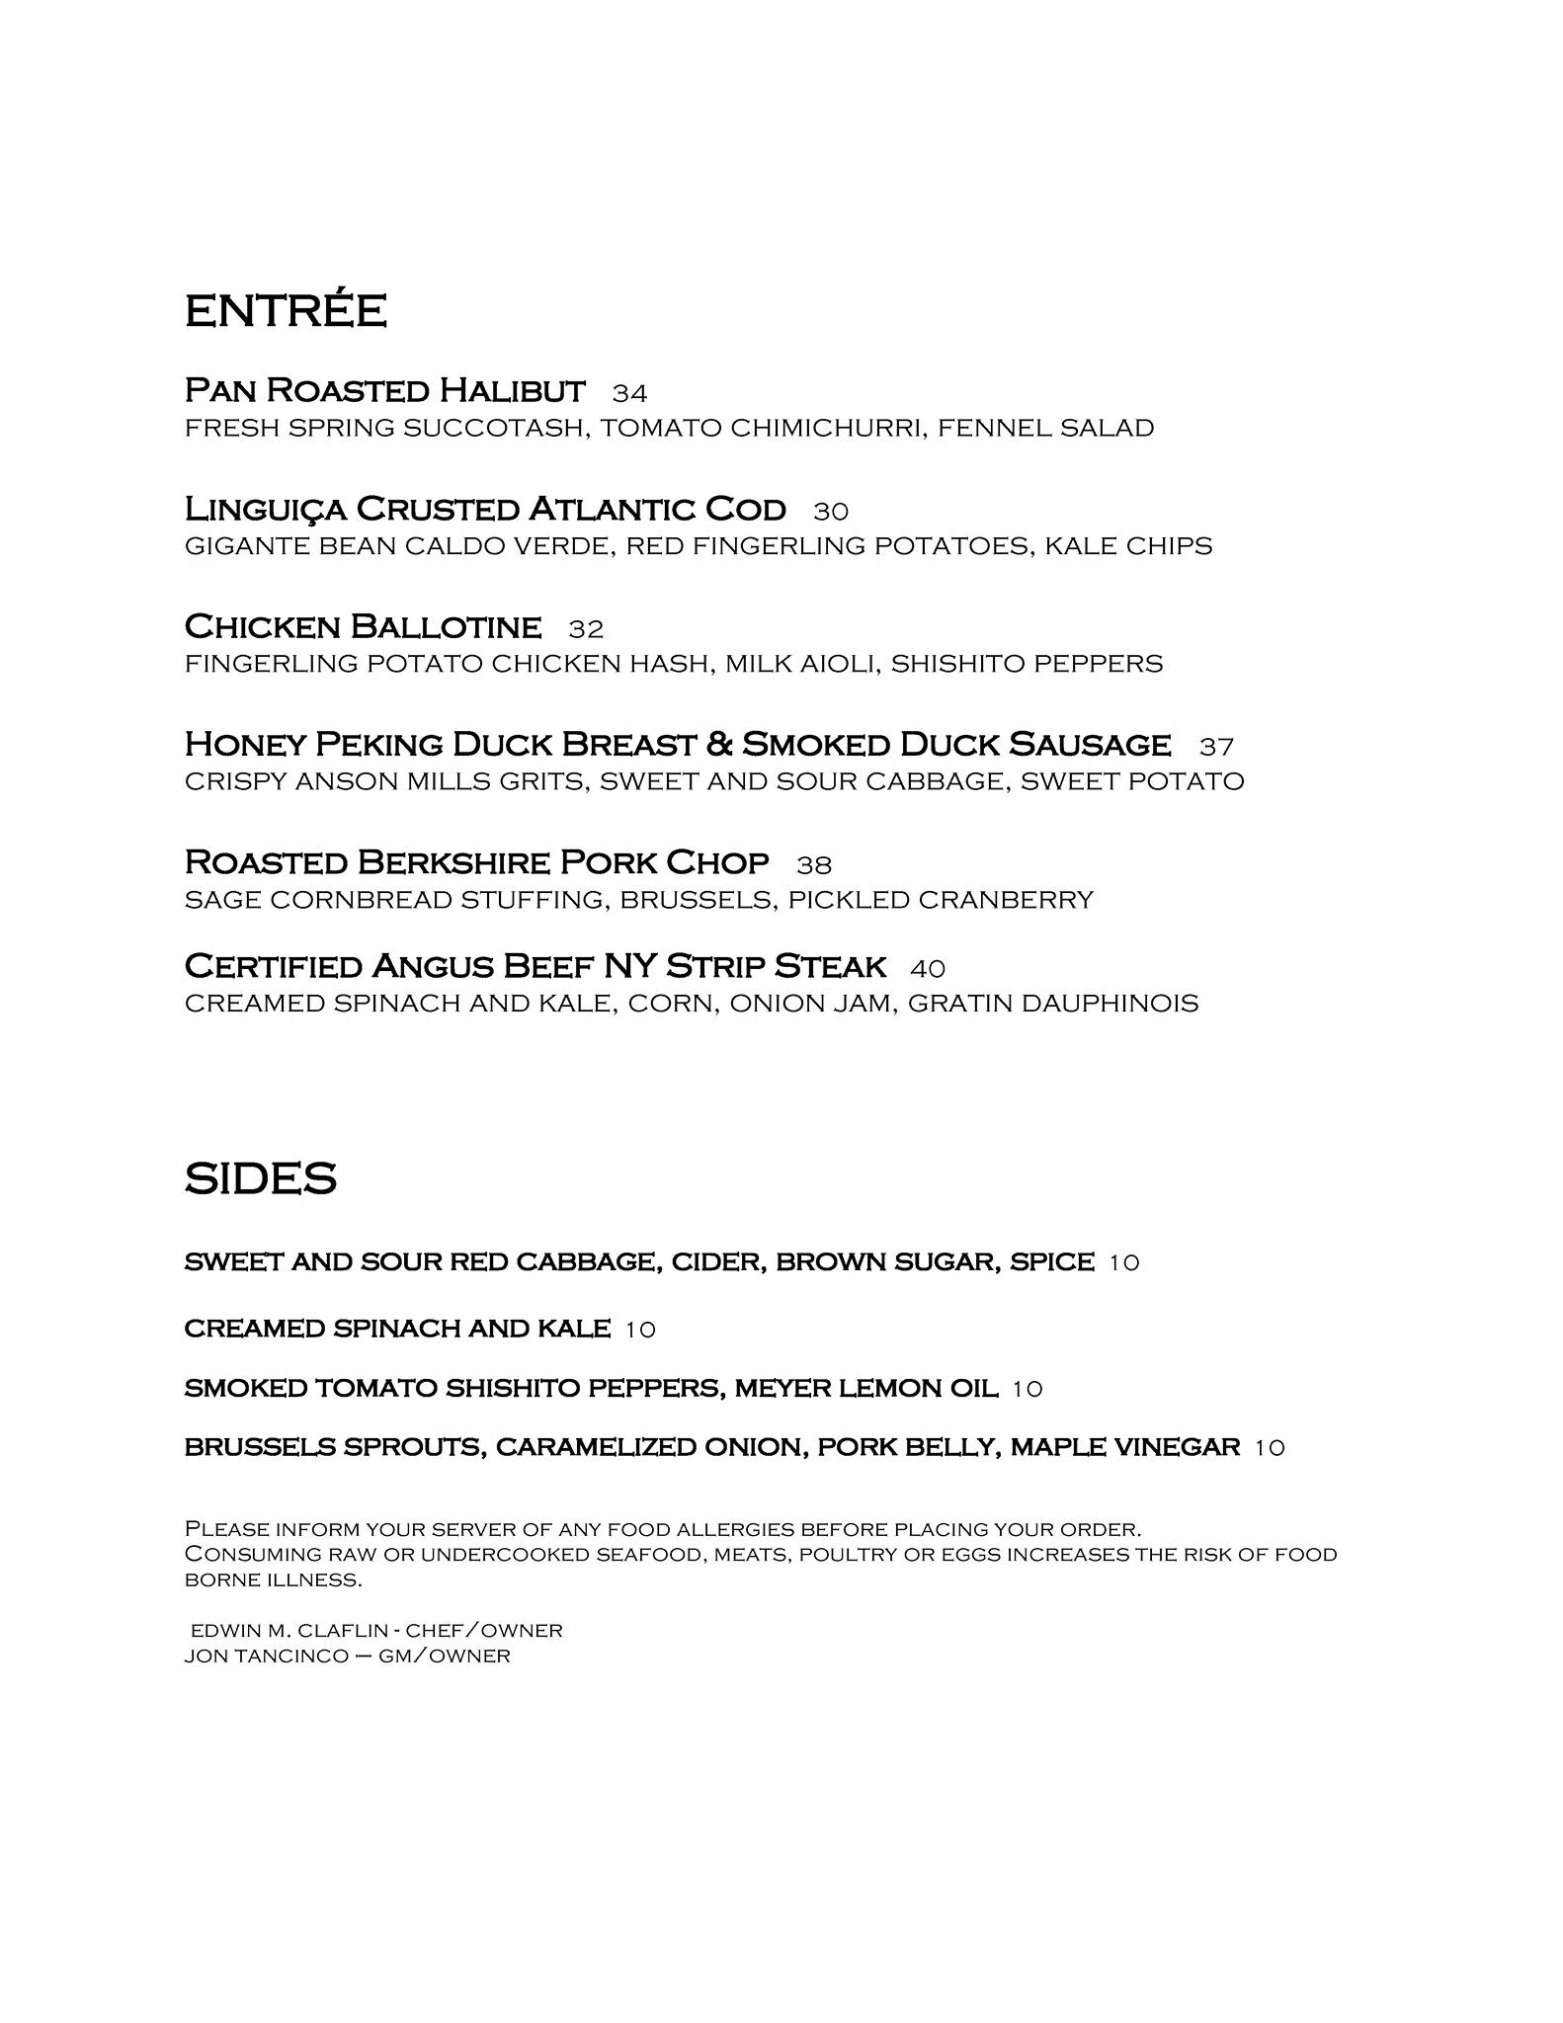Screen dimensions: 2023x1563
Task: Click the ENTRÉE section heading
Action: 285,311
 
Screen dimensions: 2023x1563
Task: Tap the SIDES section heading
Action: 260,1178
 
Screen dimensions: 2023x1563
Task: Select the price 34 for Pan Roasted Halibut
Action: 629,393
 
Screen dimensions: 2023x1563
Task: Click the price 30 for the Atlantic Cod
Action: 831,511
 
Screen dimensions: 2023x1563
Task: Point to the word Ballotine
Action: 446,627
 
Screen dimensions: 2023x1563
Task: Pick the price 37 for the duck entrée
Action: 1216,746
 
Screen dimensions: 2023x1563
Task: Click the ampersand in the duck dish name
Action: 719,744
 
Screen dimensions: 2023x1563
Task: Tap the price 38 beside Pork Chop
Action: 814,865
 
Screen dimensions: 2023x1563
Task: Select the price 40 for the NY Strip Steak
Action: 928,968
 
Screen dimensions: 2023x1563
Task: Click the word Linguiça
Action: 265,510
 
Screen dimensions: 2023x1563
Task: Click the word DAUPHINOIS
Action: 1101,1004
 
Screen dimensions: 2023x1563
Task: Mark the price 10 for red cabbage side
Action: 1123,1262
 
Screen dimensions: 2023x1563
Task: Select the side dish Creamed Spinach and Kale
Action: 396,1329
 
